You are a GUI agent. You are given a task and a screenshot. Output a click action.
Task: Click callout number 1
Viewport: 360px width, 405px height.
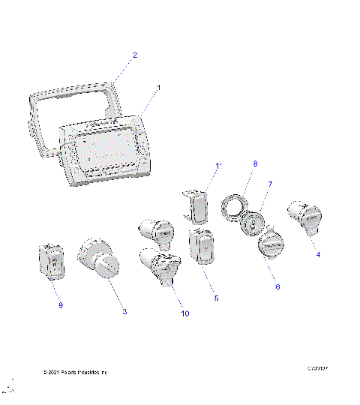tap(159, 88)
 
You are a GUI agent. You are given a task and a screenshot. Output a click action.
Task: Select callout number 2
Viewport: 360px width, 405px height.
tap(135, 55)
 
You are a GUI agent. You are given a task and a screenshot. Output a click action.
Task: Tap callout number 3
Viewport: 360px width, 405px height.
tap(124, 310)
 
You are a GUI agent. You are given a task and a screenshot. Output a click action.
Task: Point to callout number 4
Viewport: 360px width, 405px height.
tap(318, 254)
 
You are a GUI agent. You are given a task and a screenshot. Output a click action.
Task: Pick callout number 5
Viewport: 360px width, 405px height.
tap(216, 298)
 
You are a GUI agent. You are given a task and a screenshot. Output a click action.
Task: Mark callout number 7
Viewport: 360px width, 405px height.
tap(271, 183)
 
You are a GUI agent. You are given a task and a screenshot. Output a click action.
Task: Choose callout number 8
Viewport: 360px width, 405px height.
tap(234, 163)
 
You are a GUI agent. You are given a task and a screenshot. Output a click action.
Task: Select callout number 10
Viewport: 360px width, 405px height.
tap(184, 313)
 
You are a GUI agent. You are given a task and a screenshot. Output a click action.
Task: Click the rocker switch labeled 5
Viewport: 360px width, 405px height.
tap(202, 247)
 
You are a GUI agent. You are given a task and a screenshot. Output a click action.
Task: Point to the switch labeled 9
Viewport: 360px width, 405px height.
tap(52, 260)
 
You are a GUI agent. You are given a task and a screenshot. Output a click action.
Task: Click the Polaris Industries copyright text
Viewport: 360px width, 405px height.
tap(75, 371)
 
